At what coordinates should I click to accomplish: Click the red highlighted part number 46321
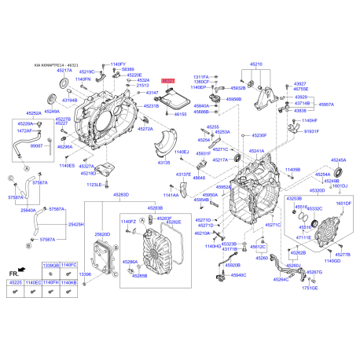click(x=169, y=80)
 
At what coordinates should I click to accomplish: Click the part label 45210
click(x=256, y=63)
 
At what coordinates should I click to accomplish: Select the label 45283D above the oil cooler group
click(x=120, y=194)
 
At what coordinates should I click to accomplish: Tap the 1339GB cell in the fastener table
click(x=50, y=266)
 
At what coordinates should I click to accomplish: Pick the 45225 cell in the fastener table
click(x=17, y=281)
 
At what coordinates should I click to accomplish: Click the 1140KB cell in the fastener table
click(x=69, y=281)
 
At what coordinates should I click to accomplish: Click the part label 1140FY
click(x=117, y=64)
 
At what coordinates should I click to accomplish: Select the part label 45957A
click(x=325, y=104)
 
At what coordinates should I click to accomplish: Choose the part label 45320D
click(x=318, y=190)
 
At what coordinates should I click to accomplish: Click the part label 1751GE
click(x=315, y=288)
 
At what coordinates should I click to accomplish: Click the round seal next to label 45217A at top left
click(x=53, y=98)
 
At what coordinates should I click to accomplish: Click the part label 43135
click(x=163, y=163)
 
